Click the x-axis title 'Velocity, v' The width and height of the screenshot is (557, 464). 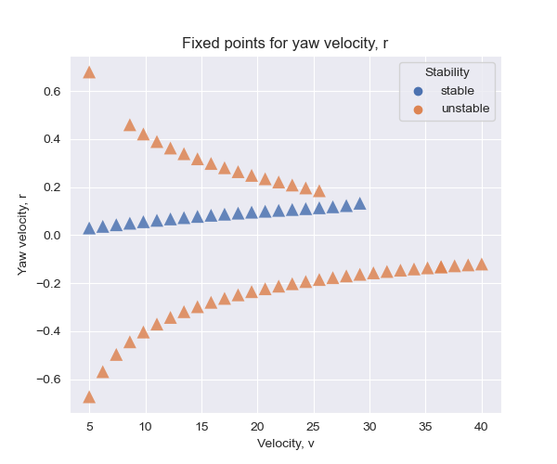pyautogui.click(x=285, y=444)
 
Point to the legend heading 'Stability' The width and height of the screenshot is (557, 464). pyautogui.click(x=447, y=71)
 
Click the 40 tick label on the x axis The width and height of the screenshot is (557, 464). pyautogui.click(x=481, y=426)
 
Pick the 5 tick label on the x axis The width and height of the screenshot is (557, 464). pyautogui.click(x=89, y=426)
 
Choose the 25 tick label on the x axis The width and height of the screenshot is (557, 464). pyautogui.click(x=313, y=426)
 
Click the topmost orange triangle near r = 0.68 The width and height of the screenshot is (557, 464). pyautogui.click(x=89, y=72)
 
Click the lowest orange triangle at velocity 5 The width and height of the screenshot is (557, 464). pyautogui.click(x=89, y=397)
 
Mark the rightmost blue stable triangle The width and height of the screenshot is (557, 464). pyautogui.click(x=359, y=203)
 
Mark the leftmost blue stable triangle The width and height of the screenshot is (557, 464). pyautogui.click(x=89, y=228)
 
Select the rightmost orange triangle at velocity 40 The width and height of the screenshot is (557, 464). pyautogui.click(x=481, y=264)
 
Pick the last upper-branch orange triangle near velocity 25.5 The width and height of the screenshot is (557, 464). pyautogui.click(x=319, y=191)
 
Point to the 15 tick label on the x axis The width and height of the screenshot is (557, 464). pyautogui.click(x=201, y=426)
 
